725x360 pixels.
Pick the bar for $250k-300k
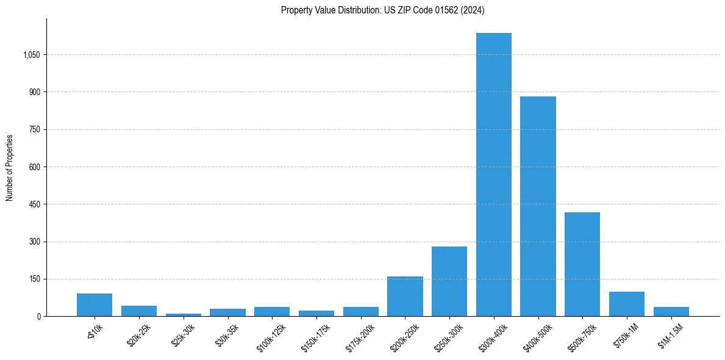click(x=449, y=281)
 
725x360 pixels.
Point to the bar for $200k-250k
click(x=405, y=297)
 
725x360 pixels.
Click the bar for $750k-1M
click(x=627, y=304)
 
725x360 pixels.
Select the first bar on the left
click(x=95, y=305)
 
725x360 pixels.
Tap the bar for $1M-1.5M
click(x=671, y=311)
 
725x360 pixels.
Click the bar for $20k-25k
click(x=139, y=311)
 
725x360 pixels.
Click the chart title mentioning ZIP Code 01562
click(x=383, y=10)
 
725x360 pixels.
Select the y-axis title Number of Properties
click(x=10, y=167)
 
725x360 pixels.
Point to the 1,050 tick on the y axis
click(x=31, y=55)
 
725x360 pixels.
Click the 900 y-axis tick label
click(x=34, y=92)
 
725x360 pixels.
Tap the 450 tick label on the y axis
click(x=34, y=204)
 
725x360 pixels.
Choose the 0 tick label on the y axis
click(x=38, y=317)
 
